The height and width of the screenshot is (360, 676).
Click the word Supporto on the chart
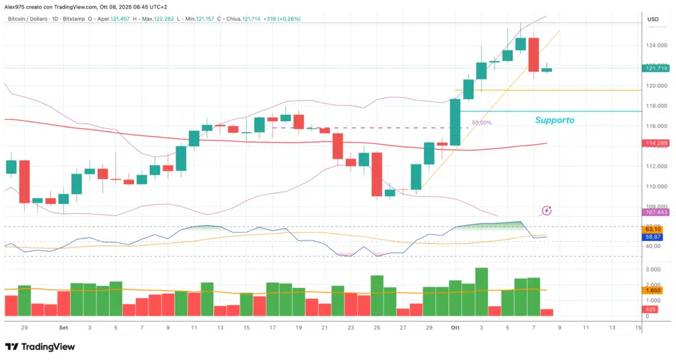click(x=554, y=120)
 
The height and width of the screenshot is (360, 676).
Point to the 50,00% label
click(x=481, y=123)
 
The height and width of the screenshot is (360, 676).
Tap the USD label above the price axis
click(x=653, y=19)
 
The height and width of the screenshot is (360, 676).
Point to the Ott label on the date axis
click(x=455, y=328)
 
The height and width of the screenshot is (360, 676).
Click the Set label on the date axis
click(x=63, y=328)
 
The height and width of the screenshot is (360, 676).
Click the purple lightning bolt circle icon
click(x=546, y=211)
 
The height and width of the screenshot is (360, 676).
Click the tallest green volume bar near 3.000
click(x=481, y=291)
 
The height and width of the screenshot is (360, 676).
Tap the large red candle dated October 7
click(x=533, y=55)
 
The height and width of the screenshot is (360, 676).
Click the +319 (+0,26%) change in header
click(x=282, y=19)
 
